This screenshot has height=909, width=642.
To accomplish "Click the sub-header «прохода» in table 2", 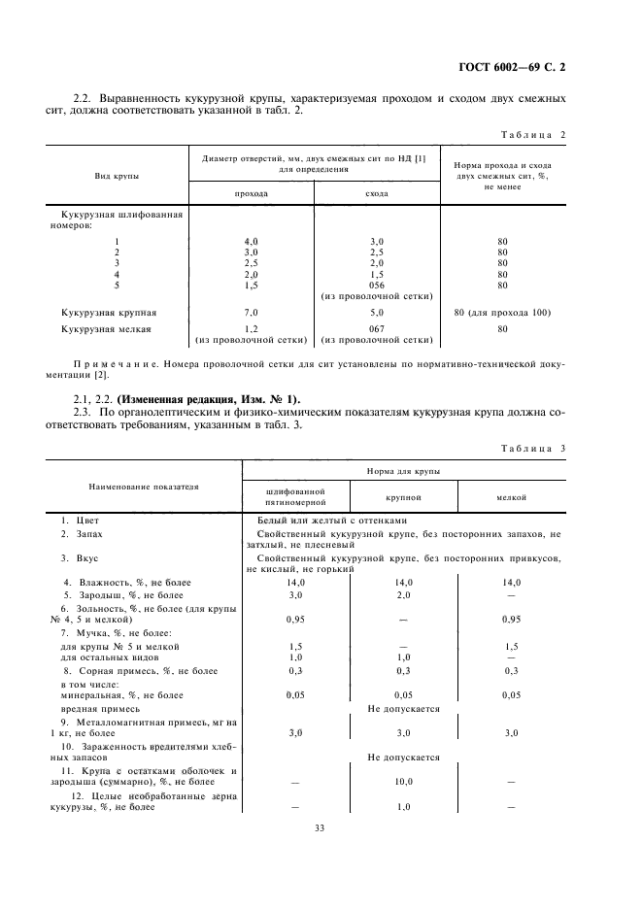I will click(x=252, y=193).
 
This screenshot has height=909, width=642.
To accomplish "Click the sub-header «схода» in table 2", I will click(x=377, y=193).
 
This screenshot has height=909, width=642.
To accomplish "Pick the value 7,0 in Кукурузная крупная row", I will click(x=252, y=313).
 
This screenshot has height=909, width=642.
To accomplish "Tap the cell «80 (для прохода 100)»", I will click(x=502, y=313).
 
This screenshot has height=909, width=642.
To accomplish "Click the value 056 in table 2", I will click(x=377, y=286).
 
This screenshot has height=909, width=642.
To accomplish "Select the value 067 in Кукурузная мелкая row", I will click(x=377, y=329).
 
